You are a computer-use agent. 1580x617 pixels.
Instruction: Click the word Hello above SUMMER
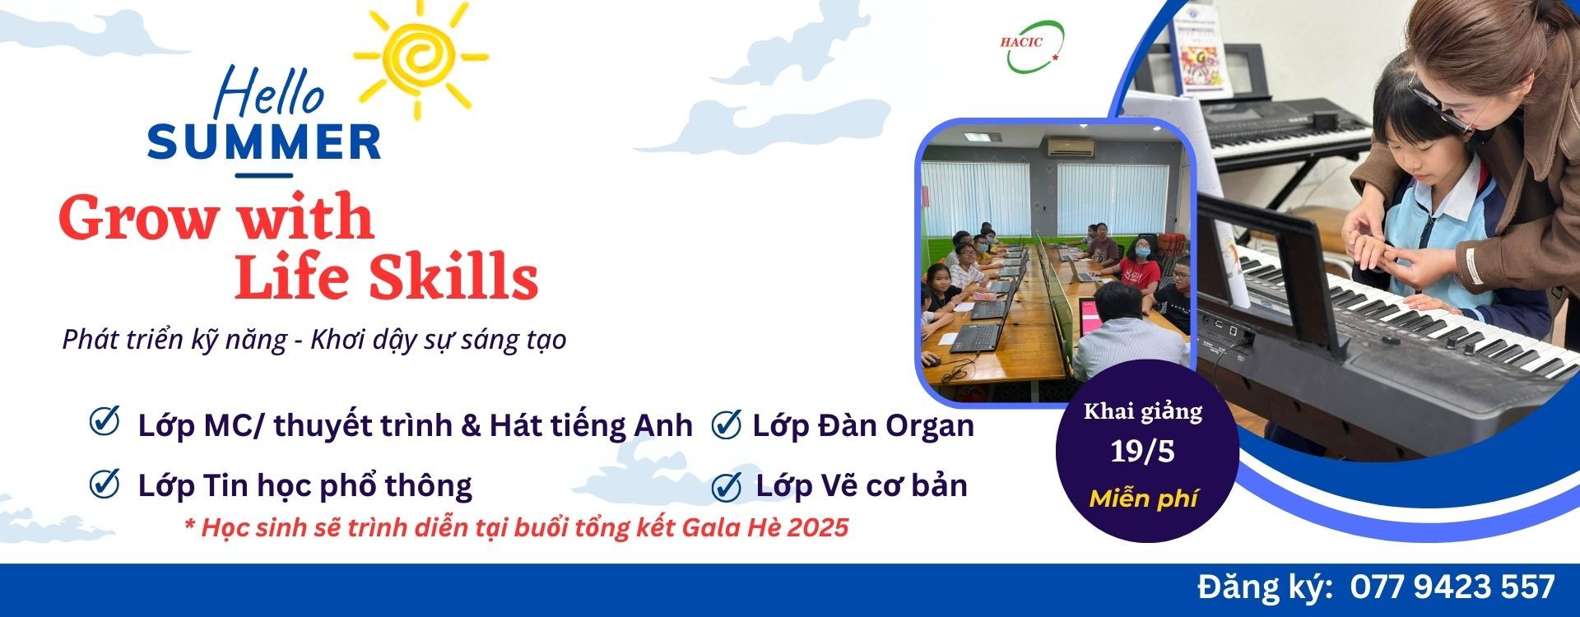point(269,92)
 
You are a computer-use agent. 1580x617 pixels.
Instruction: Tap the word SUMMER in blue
point(264,142)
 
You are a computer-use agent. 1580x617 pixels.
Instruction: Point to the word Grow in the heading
point(136,219)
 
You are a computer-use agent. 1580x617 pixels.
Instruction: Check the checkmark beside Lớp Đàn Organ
point(726,424)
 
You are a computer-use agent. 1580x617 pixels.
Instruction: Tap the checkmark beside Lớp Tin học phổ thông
point(105,484)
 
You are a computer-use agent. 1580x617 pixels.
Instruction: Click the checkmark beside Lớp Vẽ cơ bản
point(726,485)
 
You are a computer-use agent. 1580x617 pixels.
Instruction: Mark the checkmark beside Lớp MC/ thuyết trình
point(105,421)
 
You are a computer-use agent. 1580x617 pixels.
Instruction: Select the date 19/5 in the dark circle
point(1142,452)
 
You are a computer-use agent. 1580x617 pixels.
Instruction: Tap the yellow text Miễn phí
point(1143,499)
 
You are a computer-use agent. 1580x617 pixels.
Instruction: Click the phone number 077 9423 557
point(1453,587)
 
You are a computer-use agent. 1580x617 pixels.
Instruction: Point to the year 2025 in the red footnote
point(817,527)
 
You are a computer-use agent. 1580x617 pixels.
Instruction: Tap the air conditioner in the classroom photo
point(1070,147)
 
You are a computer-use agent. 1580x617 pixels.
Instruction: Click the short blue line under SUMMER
point(264,174)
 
